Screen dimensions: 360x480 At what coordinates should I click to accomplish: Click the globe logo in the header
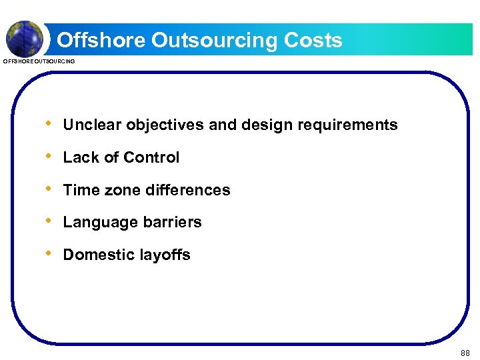tap(24, 37)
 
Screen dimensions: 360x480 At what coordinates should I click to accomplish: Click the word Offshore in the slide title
tap(101, 40)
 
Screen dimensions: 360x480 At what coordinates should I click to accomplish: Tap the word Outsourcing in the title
tap(215, 41)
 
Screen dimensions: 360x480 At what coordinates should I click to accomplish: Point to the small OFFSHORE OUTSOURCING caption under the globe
tap(39, 61)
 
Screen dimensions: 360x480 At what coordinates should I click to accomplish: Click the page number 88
tap(465, 353)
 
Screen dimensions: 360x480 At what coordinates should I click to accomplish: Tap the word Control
tap(151, 157)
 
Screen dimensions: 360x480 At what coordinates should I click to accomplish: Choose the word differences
tap(187, 190)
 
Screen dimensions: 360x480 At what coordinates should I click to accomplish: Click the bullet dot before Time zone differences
tap(48, 189)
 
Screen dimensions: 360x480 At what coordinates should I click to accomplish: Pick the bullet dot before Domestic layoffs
tap(48, 254)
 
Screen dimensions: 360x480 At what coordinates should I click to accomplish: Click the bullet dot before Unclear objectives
tap(48, 124)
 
